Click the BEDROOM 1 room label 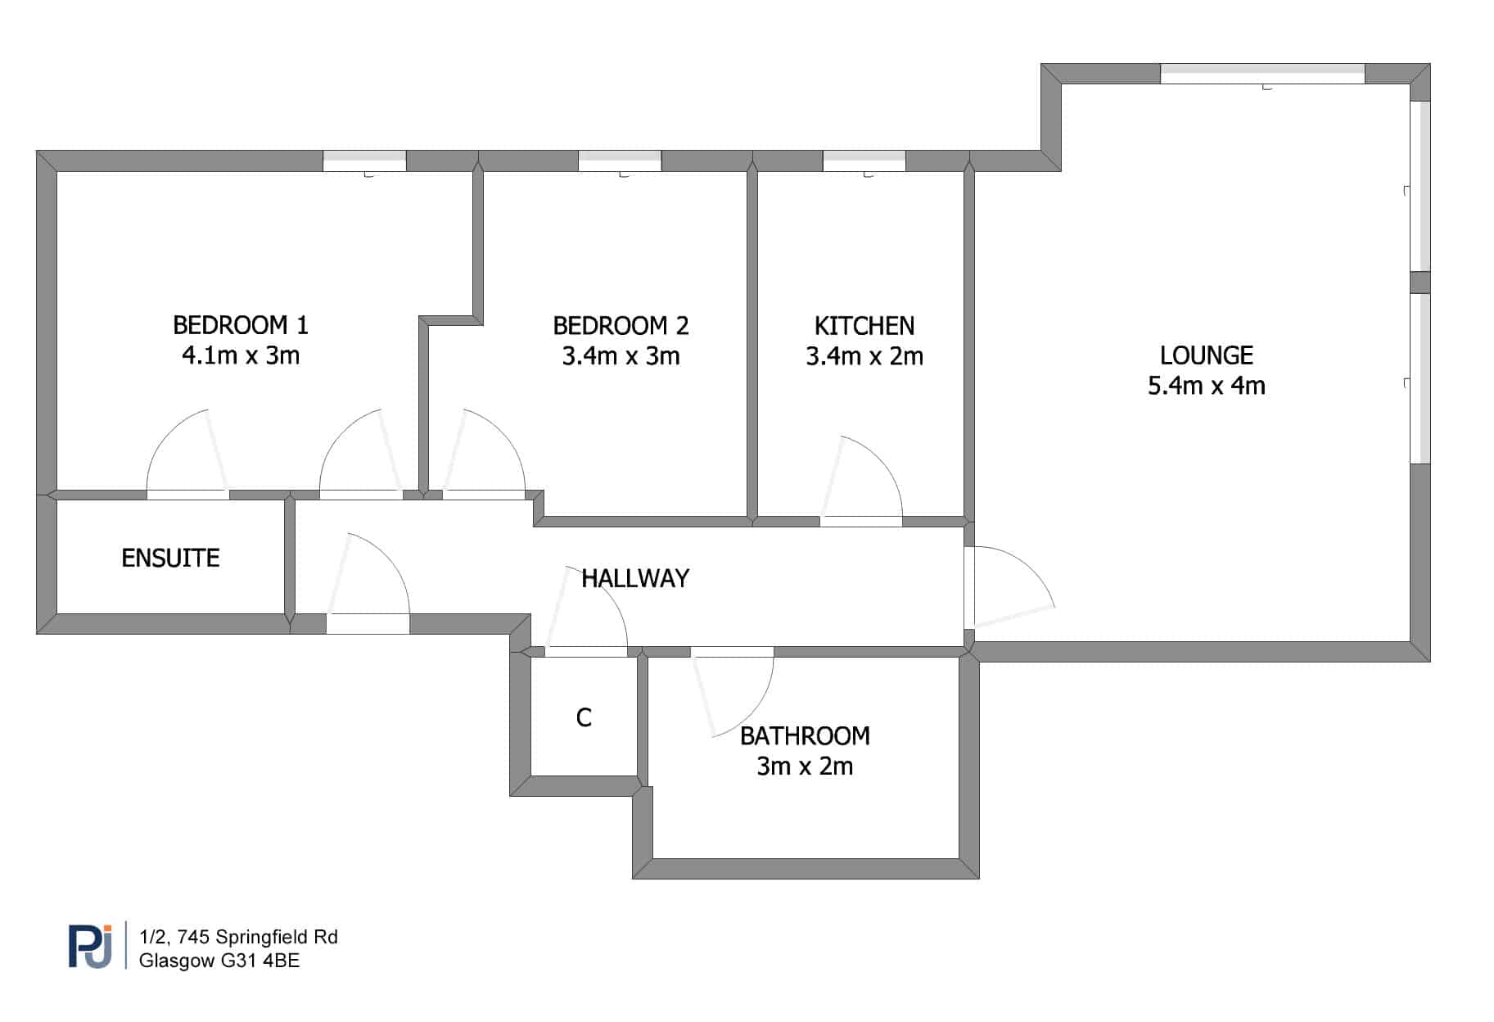[241, 325]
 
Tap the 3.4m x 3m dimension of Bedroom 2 [621, 356]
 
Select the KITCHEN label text [864, 326]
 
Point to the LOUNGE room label [1207, 355]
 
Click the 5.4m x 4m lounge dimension [1207, 386]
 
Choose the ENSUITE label [170, 558]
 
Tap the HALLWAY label [635, 579]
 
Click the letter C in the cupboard [584, 718]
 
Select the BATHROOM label [805, 736]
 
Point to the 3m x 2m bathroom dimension [805, 766]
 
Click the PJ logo [90, 947]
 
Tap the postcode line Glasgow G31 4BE [219, 961]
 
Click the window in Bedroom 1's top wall [364, 161]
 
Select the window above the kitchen [864, 161]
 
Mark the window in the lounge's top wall [1262, 74]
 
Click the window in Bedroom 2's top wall [620, 161]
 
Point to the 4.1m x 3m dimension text [241, 355]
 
